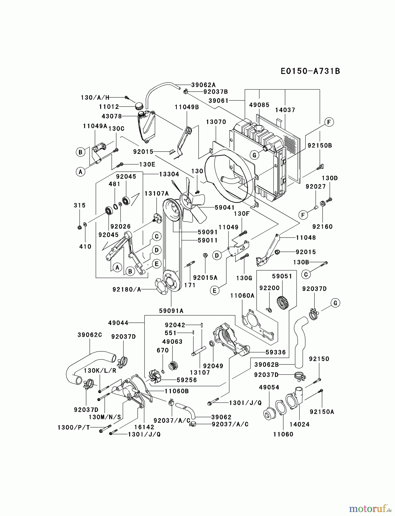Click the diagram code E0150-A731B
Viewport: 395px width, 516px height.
310,71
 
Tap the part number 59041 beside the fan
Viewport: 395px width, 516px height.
224,207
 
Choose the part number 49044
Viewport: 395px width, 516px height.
118,323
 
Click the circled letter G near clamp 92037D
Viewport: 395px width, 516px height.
335,303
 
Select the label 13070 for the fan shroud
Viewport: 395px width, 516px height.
216,122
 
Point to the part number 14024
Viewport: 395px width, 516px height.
299,424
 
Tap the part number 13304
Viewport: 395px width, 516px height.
169,174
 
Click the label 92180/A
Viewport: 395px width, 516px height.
127,290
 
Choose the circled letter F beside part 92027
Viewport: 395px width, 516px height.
303,215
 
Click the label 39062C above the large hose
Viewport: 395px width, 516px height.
90,335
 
